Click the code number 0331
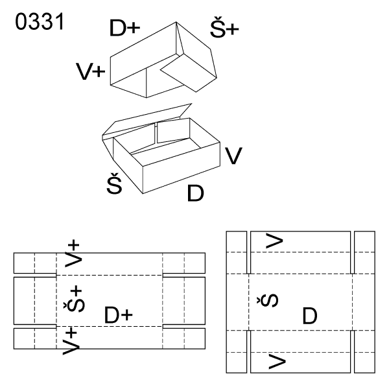click(40, 21)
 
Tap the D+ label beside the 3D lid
click(124, 28)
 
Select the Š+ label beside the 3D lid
click(224, 27)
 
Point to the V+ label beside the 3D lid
click(91, 71)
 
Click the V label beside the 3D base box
click(233, 156)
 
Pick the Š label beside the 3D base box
click(114, 183)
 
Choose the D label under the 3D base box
click(196, 193)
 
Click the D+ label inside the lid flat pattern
click(119, 314)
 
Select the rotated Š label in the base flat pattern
click(267, 300)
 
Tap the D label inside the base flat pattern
click(310, 316)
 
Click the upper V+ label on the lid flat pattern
click(72, 253)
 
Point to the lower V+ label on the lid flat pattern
click(71, 341)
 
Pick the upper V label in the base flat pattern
click(274, 241)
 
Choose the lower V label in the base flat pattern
click(277, 362)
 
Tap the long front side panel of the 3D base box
click(182, 168)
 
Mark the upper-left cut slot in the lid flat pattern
click(35, 275)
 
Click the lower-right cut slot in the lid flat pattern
click(184, 326)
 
